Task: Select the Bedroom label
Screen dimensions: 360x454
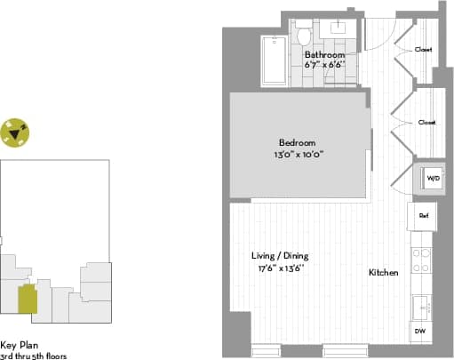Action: pos(297,143)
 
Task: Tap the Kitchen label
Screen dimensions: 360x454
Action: pos(383,272)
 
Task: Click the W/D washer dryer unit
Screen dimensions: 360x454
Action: pos(433,179)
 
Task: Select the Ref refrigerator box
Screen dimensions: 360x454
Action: pos(424,215)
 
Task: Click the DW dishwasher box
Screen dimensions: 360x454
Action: pos(419,331)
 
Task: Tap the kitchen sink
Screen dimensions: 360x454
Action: pos(422,306)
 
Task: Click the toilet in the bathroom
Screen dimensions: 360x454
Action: pos(304,36)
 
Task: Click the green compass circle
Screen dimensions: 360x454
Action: pos(15,133)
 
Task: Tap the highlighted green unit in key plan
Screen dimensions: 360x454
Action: pos(28,299)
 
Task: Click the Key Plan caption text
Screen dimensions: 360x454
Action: pos(20,346)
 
